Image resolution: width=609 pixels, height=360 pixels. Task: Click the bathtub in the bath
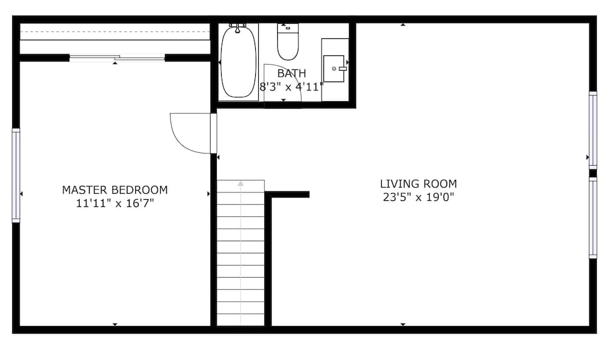[x=238, y=62]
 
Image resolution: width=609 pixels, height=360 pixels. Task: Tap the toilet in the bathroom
[x=288, y=42]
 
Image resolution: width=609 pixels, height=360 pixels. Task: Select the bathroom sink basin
[x=334, y=69]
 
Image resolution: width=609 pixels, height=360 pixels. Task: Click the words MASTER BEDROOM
[x=115, y=190]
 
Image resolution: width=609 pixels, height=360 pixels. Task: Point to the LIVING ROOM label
[x=418, y=184]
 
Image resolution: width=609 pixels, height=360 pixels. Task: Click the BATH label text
[x=292, y=73]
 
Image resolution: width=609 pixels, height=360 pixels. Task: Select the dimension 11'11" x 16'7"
[x=115, y=203]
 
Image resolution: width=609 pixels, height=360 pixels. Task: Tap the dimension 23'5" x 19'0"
[x=418, y=197]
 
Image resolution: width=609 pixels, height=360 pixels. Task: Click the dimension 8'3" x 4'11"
[x=291, y=87]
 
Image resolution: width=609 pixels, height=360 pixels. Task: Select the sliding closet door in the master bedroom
[x=117, y=58]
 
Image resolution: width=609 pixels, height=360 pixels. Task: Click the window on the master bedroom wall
[x=16, y=175]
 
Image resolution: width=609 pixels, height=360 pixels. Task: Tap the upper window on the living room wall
[x=593, y=130]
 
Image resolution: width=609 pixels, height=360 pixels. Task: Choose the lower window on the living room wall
[x=593, y=218]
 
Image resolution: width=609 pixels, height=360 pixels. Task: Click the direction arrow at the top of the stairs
[x=241, y=183]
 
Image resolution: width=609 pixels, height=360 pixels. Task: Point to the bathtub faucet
[x=238, y=27]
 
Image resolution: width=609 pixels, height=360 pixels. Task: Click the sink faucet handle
[x=342, y=68]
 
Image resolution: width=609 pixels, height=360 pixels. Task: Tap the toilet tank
[x=288, y=27]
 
